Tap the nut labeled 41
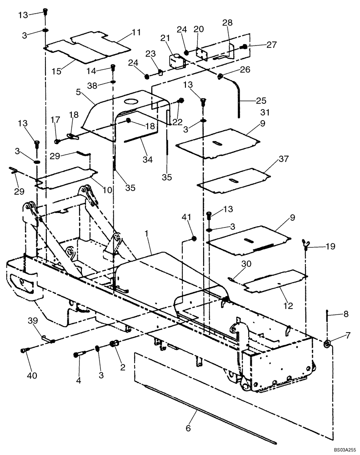(x=194, y=238)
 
